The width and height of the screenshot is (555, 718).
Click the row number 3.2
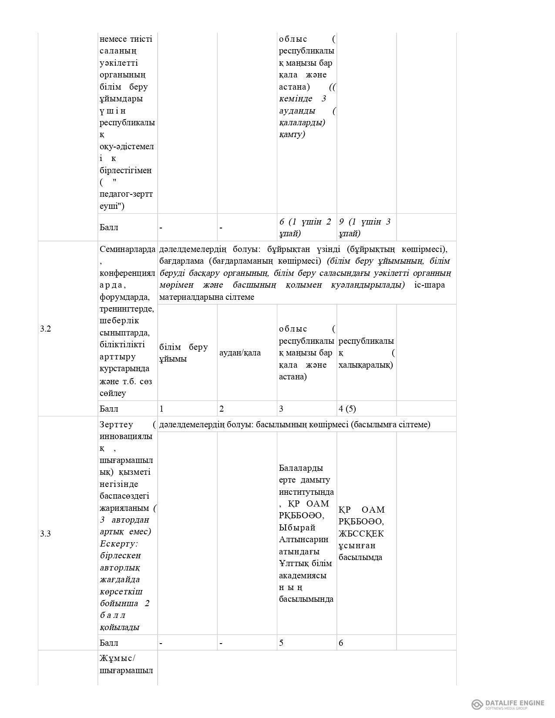pyautogui.click(x=46, y=329)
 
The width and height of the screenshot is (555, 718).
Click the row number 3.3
pyautogui.click(x=46, y=534)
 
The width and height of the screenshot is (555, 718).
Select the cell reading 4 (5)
pyautogui.click(x=347, y=409)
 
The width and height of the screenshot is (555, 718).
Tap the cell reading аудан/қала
pyautogui.click(x=240, y=353)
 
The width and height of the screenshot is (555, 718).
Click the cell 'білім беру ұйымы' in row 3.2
pyautogui.click(x=183, y=353)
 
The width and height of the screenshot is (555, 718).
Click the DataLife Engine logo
pyautogui.click(x=508, y=704)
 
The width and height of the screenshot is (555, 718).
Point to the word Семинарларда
pyautogui.click(x=128, y=249)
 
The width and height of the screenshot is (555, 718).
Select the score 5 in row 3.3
pyautogui.click(x=281, y=643)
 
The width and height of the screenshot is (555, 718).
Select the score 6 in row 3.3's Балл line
pyautogui.click(x=341, y=643)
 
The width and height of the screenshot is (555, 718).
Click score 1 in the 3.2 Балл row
pyautogui.click(x=162, y=409)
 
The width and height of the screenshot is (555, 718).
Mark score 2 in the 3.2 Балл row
pyautogui.click(x=222, y=409)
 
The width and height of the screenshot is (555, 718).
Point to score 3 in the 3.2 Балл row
pyautogui.click(x=281, y=409)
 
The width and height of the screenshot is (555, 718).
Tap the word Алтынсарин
pyautogui.click(x=303, y=540)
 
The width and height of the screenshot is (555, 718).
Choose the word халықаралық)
pyautogui.click(x=366, y=365)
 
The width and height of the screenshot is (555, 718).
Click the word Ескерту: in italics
pyautogui.click(x=119, y=544)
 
